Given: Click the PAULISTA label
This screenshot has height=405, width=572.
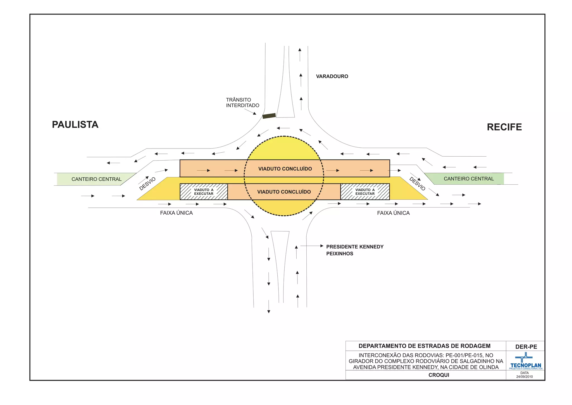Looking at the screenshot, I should (75, 125).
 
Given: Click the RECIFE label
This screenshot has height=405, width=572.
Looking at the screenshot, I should (504, 127).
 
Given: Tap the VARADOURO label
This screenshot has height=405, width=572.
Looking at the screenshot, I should (332, 76).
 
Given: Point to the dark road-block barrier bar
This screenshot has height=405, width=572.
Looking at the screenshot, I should (269, 116).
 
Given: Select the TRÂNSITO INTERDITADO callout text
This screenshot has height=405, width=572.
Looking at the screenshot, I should (242, 103).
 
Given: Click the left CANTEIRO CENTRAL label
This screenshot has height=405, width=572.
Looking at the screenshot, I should (96, 179).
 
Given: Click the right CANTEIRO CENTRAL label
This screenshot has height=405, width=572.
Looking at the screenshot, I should (469, 179).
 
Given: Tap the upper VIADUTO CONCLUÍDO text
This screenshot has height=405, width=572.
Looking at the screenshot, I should (285, 169).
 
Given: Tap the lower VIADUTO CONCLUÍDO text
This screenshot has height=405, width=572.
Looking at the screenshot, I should (284, 192).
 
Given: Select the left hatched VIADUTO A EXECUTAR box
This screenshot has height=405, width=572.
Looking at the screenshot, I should (204, 192).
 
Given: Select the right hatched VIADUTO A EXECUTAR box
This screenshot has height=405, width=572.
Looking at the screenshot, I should (365, 192).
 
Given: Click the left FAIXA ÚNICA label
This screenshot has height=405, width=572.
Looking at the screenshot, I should (176, 213).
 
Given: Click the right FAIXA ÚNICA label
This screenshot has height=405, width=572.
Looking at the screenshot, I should (393, 213).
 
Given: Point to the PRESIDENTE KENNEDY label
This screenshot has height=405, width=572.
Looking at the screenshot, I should (355, 247).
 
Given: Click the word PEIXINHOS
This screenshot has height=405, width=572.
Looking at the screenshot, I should (340, 254).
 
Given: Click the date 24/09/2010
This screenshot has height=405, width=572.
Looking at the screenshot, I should (524, 377).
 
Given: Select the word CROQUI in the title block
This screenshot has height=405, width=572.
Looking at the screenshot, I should (439, 375).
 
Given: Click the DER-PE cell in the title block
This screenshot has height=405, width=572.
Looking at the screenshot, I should (526, 347).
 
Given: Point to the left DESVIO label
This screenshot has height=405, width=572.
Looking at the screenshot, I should (147, 184).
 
